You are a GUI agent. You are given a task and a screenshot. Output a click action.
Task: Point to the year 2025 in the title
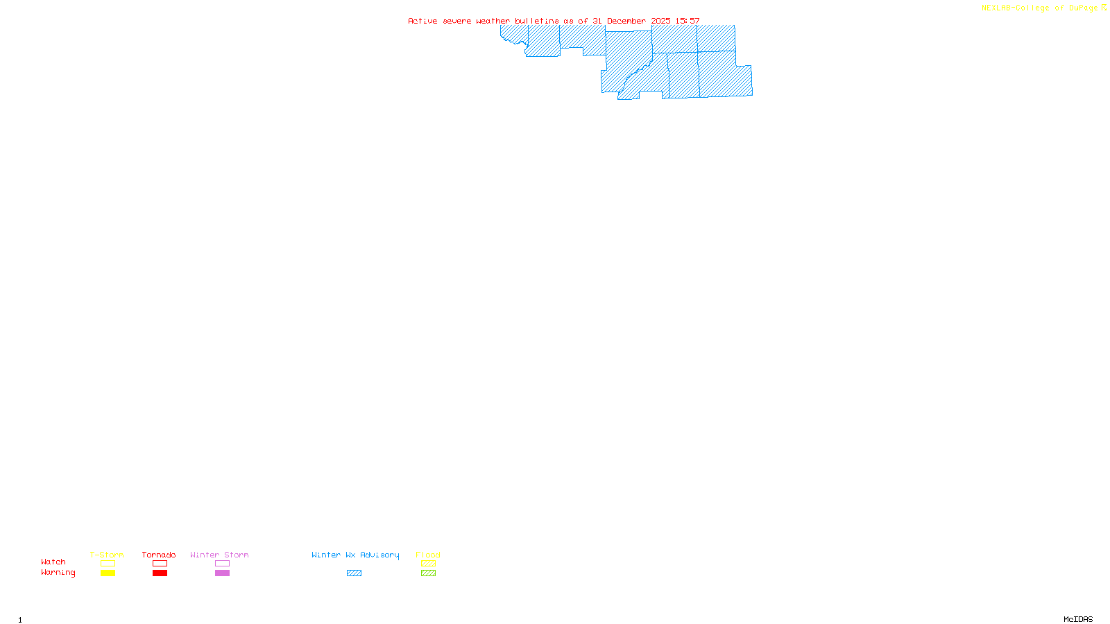pyautogui.click(x=660, y=21)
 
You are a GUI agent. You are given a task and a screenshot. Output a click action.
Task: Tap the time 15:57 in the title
pyautogui.click(x=688, y=21)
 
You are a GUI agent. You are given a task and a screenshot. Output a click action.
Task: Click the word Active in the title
pyautogui.click(x=422, y=21)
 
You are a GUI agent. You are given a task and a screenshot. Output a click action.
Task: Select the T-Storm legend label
pyautogui.click(x=107, y=555)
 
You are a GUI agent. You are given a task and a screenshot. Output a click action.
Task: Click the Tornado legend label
pyautogui.click(x=159, y=555)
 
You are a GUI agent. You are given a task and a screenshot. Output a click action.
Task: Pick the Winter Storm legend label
pyautogui.click(x=219, y=555)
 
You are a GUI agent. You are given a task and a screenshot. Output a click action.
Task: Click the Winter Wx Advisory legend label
pyautogui.click(x=355, y=555)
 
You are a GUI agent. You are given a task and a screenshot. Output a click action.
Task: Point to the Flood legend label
pyautogui.click(x=428, y=555)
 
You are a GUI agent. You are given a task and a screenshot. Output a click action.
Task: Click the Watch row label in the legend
pyautogui.click(x=53, y=562)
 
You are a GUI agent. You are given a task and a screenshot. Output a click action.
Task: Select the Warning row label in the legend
pyautogui.click(x=58, y=573)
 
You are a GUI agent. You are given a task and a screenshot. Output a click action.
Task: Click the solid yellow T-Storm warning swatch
pyautogui.click(x=108, y=573)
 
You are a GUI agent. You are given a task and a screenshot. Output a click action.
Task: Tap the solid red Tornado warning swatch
pyautogui.click(x=160, y=573)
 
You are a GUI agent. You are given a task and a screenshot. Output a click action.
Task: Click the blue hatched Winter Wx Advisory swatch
pyautogui.click(x=354, y=573)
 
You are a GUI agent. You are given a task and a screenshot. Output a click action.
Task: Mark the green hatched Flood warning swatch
pyautogui.click(x=428, y=573)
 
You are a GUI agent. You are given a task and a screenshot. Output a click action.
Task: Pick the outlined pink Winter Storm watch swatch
pyautogui.click(x=222, y=564)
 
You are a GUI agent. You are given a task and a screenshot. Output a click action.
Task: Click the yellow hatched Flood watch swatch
pyautogui.click(x=428, y=564)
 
